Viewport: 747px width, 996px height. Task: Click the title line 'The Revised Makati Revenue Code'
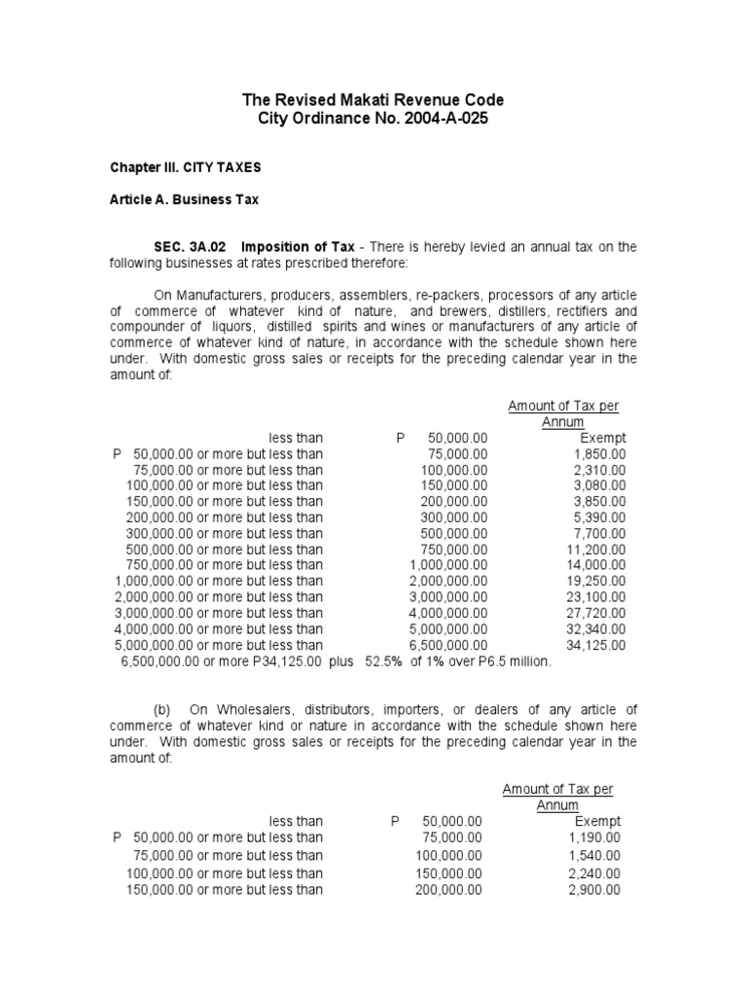click(x=373, y=100)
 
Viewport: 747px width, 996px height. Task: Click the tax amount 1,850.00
click(x=600, y=454)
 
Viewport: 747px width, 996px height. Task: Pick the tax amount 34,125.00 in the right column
click(x=596, y=645)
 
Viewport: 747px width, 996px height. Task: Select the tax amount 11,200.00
click(x=596, y=550)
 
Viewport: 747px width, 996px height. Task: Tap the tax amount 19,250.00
click(x=596, y=582)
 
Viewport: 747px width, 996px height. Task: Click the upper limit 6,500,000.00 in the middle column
click(x=448, y=645)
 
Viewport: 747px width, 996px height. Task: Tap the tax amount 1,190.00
click(x=594, y=837)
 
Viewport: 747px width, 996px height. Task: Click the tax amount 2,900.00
click(x=594, y=890)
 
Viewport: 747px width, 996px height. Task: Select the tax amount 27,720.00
click(x=596, y=613)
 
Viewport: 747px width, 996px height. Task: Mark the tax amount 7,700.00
click(x=600, y=534)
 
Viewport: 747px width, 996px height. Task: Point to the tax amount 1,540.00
click(x=594, y=855)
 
